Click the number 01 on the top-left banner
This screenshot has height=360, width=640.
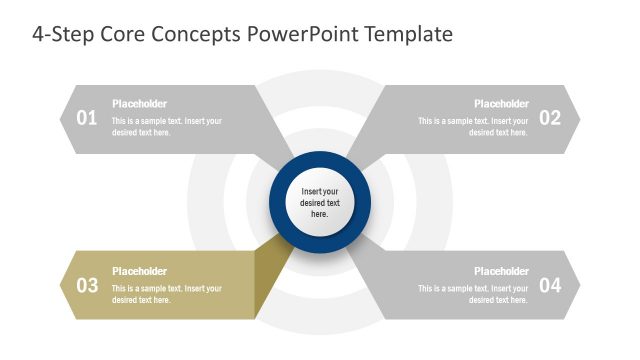87,118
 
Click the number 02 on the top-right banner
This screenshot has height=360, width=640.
550,118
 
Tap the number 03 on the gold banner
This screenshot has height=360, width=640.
87,285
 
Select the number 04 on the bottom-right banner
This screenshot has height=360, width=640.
550,285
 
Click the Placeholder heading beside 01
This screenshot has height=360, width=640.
139,104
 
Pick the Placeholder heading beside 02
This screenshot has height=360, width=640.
501,104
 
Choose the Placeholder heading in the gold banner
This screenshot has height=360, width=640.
139,271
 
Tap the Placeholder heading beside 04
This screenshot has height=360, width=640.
501,271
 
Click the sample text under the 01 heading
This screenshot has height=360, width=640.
166,127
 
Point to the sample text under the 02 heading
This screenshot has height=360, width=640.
473,127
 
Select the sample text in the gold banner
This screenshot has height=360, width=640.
166,294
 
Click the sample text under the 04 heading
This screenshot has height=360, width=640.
473,294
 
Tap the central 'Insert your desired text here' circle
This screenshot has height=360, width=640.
320,202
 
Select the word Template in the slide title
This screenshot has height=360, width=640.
408,34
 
